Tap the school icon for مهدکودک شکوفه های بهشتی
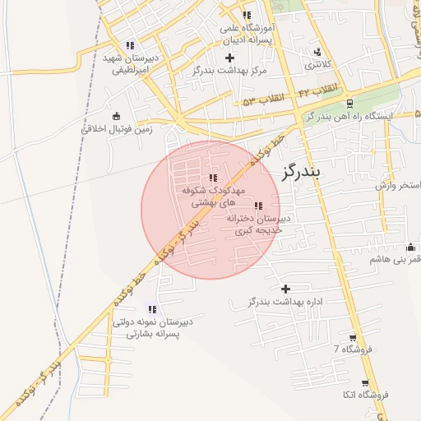[214, 178]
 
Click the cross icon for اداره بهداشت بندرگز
[285, 289]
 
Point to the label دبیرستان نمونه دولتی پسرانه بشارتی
[153, 328]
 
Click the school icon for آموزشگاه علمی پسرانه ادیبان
[247, 16]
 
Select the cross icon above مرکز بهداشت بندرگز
[229, 58]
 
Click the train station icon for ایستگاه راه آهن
[350, 104]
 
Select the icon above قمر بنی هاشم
[410, 248]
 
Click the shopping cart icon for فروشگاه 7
[353, 337]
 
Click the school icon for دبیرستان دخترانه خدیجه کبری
[258, 206]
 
